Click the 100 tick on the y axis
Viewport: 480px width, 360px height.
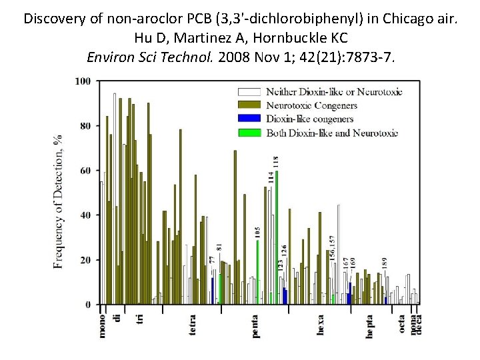tap(83, 81)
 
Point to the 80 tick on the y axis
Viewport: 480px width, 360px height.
tap(85, 126)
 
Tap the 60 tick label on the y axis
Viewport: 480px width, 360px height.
tap(85, 171)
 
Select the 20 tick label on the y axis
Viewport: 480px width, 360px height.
tap(85, 260)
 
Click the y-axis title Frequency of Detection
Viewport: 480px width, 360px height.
tap(59, 200)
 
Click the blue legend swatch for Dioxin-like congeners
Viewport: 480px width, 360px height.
tap(249, 119)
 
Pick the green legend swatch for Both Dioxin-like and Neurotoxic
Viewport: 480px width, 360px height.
tap(249, 133)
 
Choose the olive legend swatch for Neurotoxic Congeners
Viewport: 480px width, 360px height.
tap(249, 105)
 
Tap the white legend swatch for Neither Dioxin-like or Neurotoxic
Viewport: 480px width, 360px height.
tap(249, 91)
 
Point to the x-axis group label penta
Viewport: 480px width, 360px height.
tap(256, 325)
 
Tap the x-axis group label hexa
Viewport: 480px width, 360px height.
tap(321, 325)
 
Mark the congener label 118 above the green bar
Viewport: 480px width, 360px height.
tap(276, 161)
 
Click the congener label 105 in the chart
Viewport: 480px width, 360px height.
tap(257, 233)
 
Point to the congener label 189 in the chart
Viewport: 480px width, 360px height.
tap(385, 263)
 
